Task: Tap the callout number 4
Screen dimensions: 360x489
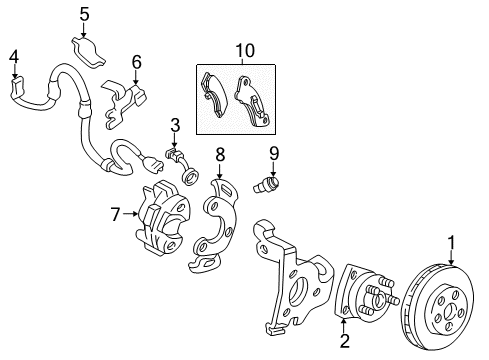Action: point(14,56)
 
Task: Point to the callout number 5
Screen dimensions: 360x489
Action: point(85,14)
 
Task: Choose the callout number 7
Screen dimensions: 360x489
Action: point(116,212)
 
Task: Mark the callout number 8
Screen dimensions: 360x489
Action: point(220,154)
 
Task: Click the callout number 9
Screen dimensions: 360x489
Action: point(274,152)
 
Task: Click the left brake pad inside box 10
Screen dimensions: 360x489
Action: point(218,95)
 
